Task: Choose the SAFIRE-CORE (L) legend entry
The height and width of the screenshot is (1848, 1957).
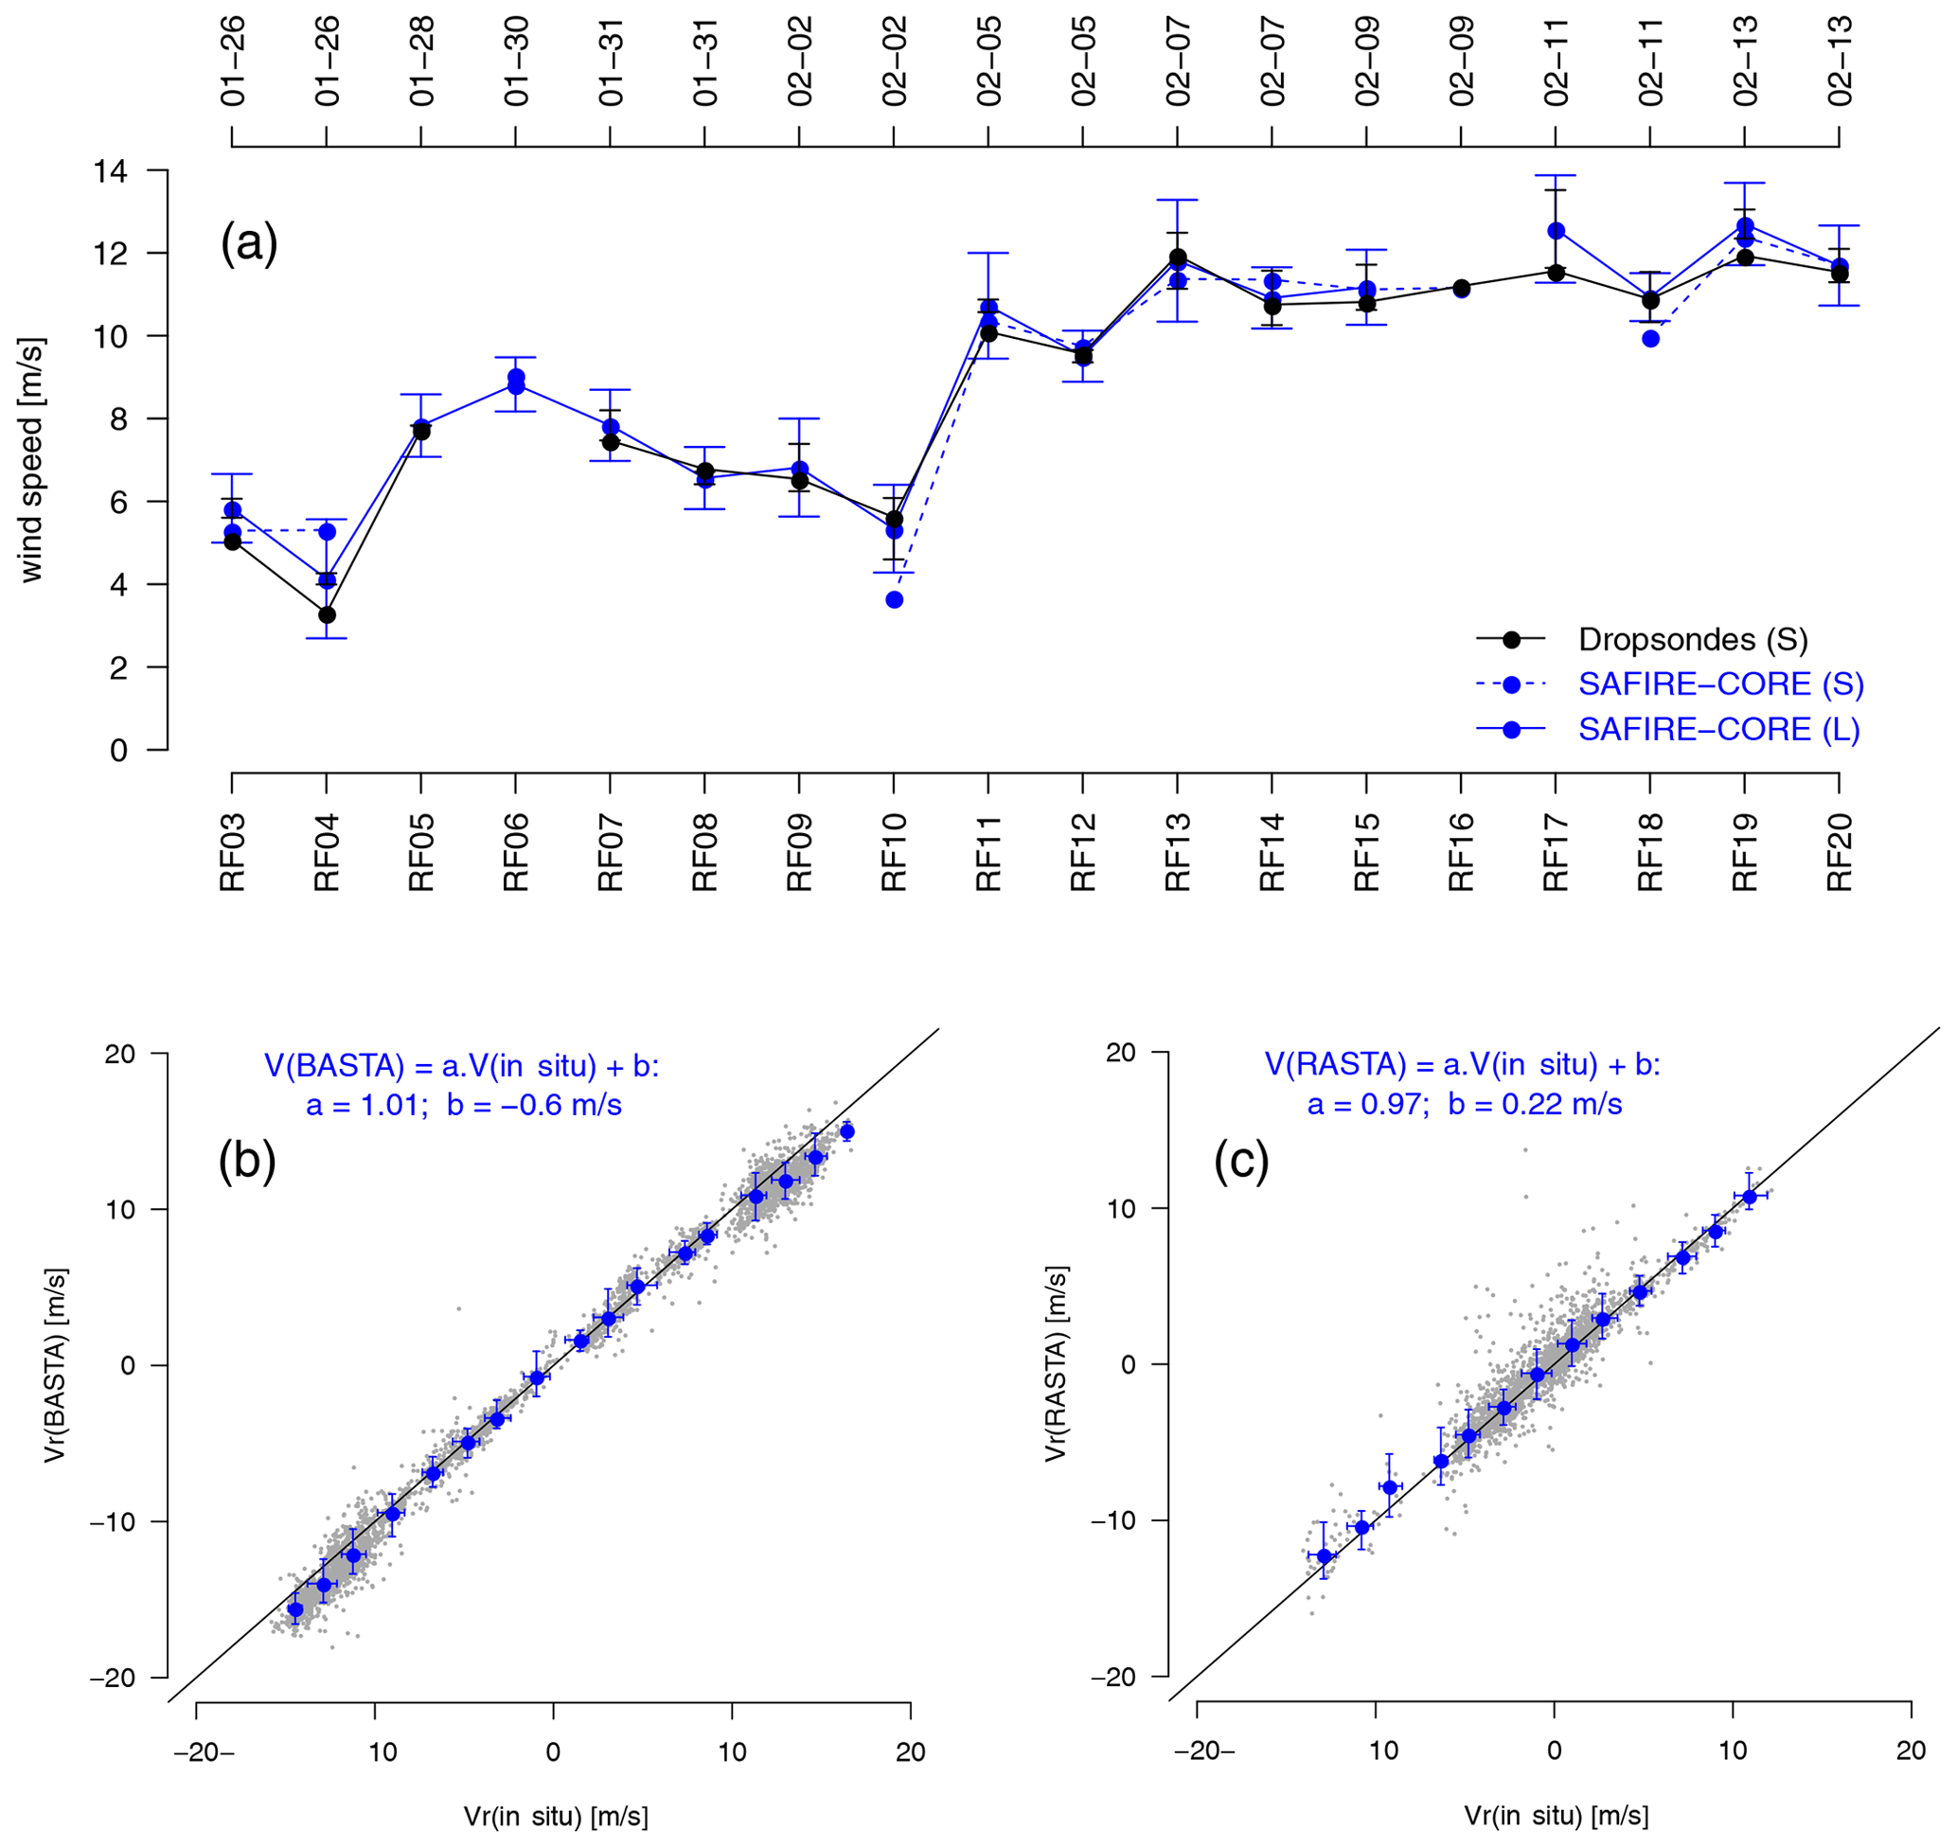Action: pos(1718,729)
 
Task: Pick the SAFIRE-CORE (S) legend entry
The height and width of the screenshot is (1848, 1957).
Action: pos(1720,684)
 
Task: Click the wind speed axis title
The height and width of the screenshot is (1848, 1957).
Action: pos(31,460)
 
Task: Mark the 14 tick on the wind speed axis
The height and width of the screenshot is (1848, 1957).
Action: pos(111,171)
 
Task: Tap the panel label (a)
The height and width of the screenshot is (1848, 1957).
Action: pos(248,242)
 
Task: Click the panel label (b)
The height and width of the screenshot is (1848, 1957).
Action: pos(246,1160)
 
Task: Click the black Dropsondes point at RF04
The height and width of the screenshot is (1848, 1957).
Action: pos(327,614)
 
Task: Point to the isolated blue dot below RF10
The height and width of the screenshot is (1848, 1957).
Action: pos(895,600)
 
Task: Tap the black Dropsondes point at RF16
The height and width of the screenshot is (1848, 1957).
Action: pos(1462,288)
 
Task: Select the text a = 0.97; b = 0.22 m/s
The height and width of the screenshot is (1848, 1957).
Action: pos(1465,1104)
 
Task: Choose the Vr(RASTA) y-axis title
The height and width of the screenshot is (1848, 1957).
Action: pos(1056,1364)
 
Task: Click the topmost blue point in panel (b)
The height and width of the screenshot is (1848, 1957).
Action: pos(847,1132)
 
